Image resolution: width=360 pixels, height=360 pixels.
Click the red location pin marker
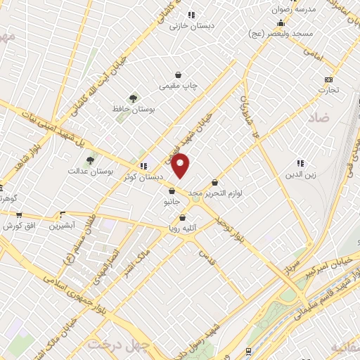coord(181,166)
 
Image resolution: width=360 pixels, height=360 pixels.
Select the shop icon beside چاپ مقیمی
coord(180,75)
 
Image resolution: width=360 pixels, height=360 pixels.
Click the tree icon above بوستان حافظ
coord(133,98)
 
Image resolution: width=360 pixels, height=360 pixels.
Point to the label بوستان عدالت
coord(91,171)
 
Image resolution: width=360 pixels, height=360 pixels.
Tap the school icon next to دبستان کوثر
coord(143,167)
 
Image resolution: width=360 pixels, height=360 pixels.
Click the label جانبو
coord(172,202)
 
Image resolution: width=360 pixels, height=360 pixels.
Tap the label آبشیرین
coord(62,226)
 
